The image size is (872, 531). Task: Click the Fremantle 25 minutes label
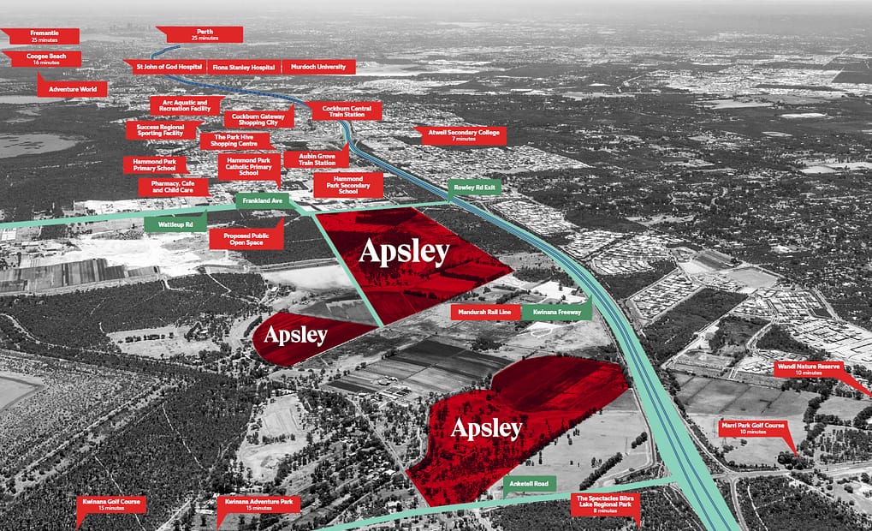[x=44, y=36]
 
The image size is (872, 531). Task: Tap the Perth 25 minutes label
[x=204, y=34]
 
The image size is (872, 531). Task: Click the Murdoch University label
[x=318, y=67]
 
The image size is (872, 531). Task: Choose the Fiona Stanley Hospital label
[x=244, y=67]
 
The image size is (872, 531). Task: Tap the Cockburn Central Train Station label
[x=341, y=110]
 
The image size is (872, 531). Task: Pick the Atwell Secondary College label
[x=460, y=134]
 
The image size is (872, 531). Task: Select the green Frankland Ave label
[x=262, y=200]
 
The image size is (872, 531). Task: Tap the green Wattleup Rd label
[x=175, y=224]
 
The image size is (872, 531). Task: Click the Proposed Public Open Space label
[x=246, y=237]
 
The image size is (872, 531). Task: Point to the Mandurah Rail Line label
[x=485, y=313]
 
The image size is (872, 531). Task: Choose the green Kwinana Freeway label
[x=557, y=313]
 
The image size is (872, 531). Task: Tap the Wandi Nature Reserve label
[x=808, y=369]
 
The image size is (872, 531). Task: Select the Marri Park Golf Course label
[x=753, y=428]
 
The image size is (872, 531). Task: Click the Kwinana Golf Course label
[x=110, y=504]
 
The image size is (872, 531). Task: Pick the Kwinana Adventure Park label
[x=258, y=504]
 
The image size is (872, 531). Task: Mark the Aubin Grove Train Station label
[x=317, y=159]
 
